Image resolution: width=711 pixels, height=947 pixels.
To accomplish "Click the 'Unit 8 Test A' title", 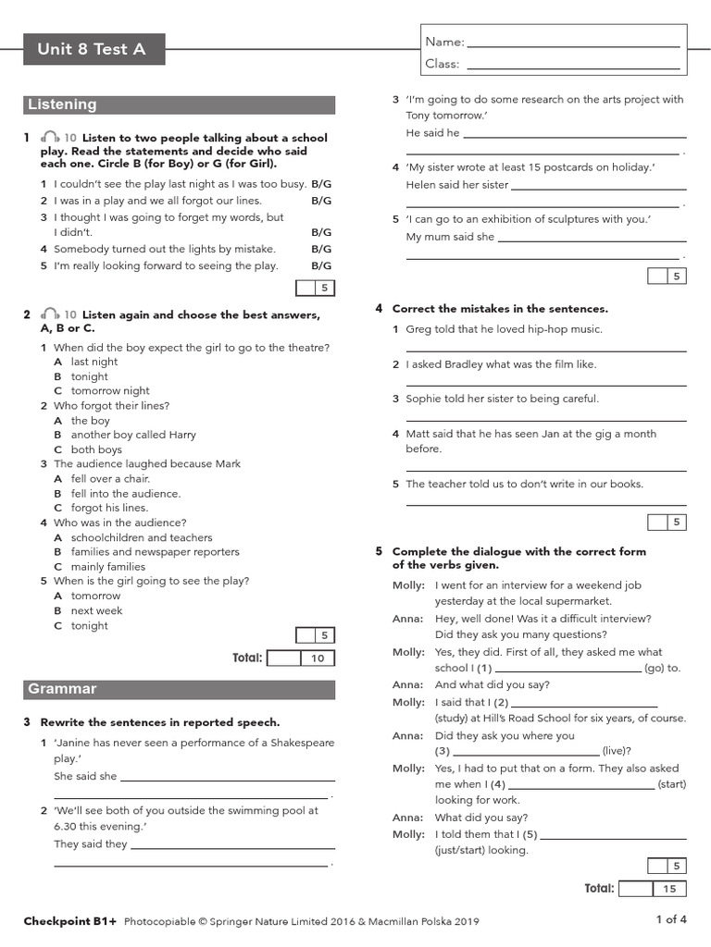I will click(x=92, y=49).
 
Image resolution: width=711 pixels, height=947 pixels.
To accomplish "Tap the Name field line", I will click(x=574, y=43).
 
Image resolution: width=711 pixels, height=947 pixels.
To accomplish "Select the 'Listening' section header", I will click(x=62, y=105).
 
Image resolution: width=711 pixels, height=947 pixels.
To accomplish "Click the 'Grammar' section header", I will click(x=62, y=689).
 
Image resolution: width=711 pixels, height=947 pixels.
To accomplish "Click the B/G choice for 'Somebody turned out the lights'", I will click(x=320, y=249).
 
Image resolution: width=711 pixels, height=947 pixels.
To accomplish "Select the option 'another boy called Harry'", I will click(x=133, y=435).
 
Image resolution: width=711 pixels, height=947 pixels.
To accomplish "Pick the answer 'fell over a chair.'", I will click(x=110, y=479).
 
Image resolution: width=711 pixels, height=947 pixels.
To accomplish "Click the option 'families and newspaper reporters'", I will click(x=155, y=552).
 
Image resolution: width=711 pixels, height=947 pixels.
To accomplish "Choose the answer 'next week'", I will click(x=96, y=611).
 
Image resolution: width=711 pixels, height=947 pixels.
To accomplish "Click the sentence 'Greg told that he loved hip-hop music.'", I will click(x=504, y=329).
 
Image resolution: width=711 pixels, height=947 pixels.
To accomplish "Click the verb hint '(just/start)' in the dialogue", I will click(x=481, y=850).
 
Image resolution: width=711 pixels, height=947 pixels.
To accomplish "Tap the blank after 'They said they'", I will click(x=229, y=844).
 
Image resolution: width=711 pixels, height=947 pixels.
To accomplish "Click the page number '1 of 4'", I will click(x=671, y=919).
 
